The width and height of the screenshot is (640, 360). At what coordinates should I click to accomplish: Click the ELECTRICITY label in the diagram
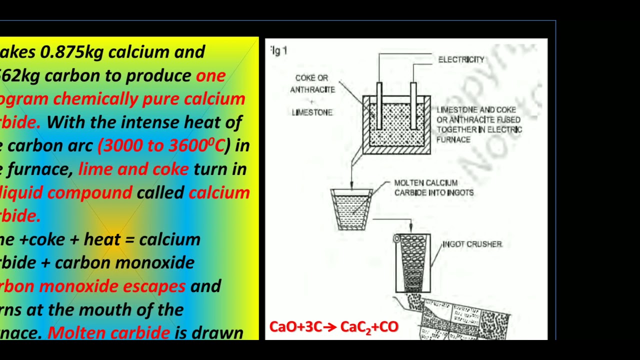coord(461,59)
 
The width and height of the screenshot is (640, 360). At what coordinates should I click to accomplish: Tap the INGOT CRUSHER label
coord(472,244)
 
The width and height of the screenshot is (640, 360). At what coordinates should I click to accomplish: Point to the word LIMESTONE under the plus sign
coord(312,112)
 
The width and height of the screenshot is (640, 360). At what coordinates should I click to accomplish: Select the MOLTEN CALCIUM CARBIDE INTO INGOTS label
coord(433,188)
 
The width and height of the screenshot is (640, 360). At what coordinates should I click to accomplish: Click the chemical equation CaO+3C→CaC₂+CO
coord(333,327)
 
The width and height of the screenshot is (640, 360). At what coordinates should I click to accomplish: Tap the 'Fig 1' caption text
coord(279,50)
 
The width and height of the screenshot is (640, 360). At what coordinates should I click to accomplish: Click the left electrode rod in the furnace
coord(379,105)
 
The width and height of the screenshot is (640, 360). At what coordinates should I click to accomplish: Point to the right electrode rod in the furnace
coord(413,105)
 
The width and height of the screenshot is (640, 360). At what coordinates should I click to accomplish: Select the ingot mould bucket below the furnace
coord(351,209)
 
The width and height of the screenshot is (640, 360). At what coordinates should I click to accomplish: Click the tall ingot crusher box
coord(413,263)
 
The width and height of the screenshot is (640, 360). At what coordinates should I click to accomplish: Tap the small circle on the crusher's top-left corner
coord(396,239)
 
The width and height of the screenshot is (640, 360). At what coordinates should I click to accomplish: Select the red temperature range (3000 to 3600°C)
coord(160,145)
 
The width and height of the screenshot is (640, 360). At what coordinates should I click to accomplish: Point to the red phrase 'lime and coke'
coord(133,169)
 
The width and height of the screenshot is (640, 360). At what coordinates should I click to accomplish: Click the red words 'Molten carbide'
coord(108,333)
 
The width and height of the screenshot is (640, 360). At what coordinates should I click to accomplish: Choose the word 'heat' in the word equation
coord(102,239)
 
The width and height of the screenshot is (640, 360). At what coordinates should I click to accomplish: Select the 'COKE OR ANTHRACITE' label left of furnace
coord(312,84)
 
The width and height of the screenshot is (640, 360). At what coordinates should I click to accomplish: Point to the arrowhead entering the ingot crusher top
coord(411,229)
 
